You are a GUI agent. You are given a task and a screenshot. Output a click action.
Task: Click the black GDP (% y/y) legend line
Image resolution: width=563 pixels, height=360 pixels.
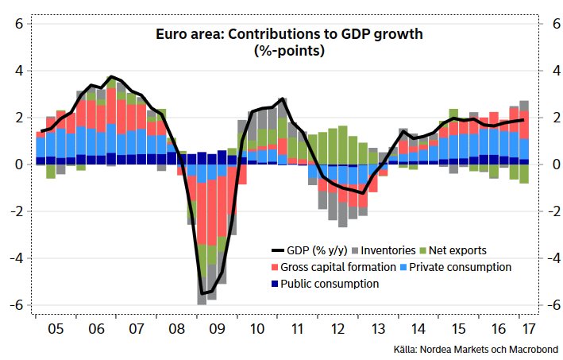coord(280,250)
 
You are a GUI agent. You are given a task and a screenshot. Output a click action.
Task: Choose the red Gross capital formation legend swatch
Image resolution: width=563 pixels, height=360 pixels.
coord(276,267)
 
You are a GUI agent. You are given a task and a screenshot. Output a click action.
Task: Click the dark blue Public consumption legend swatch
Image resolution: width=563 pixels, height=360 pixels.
coord(276,284)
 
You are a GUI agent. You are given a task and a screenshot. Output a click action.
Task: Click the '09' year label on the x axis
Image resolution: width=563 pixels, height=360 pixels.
coord(217,327)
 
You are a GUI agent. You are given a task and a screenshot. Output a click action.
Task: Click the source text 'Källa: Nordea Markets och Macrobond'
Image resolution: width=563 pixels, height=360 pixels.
coord(476,349)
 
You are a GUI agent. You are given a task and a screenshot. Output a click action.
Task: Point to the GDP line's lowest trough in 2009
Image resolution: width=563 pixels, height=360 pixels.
coord(202,293)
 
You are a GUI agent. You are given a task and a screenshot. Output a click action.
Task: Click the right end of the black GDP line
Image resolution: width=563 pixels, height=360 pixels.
coord(524,120)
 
